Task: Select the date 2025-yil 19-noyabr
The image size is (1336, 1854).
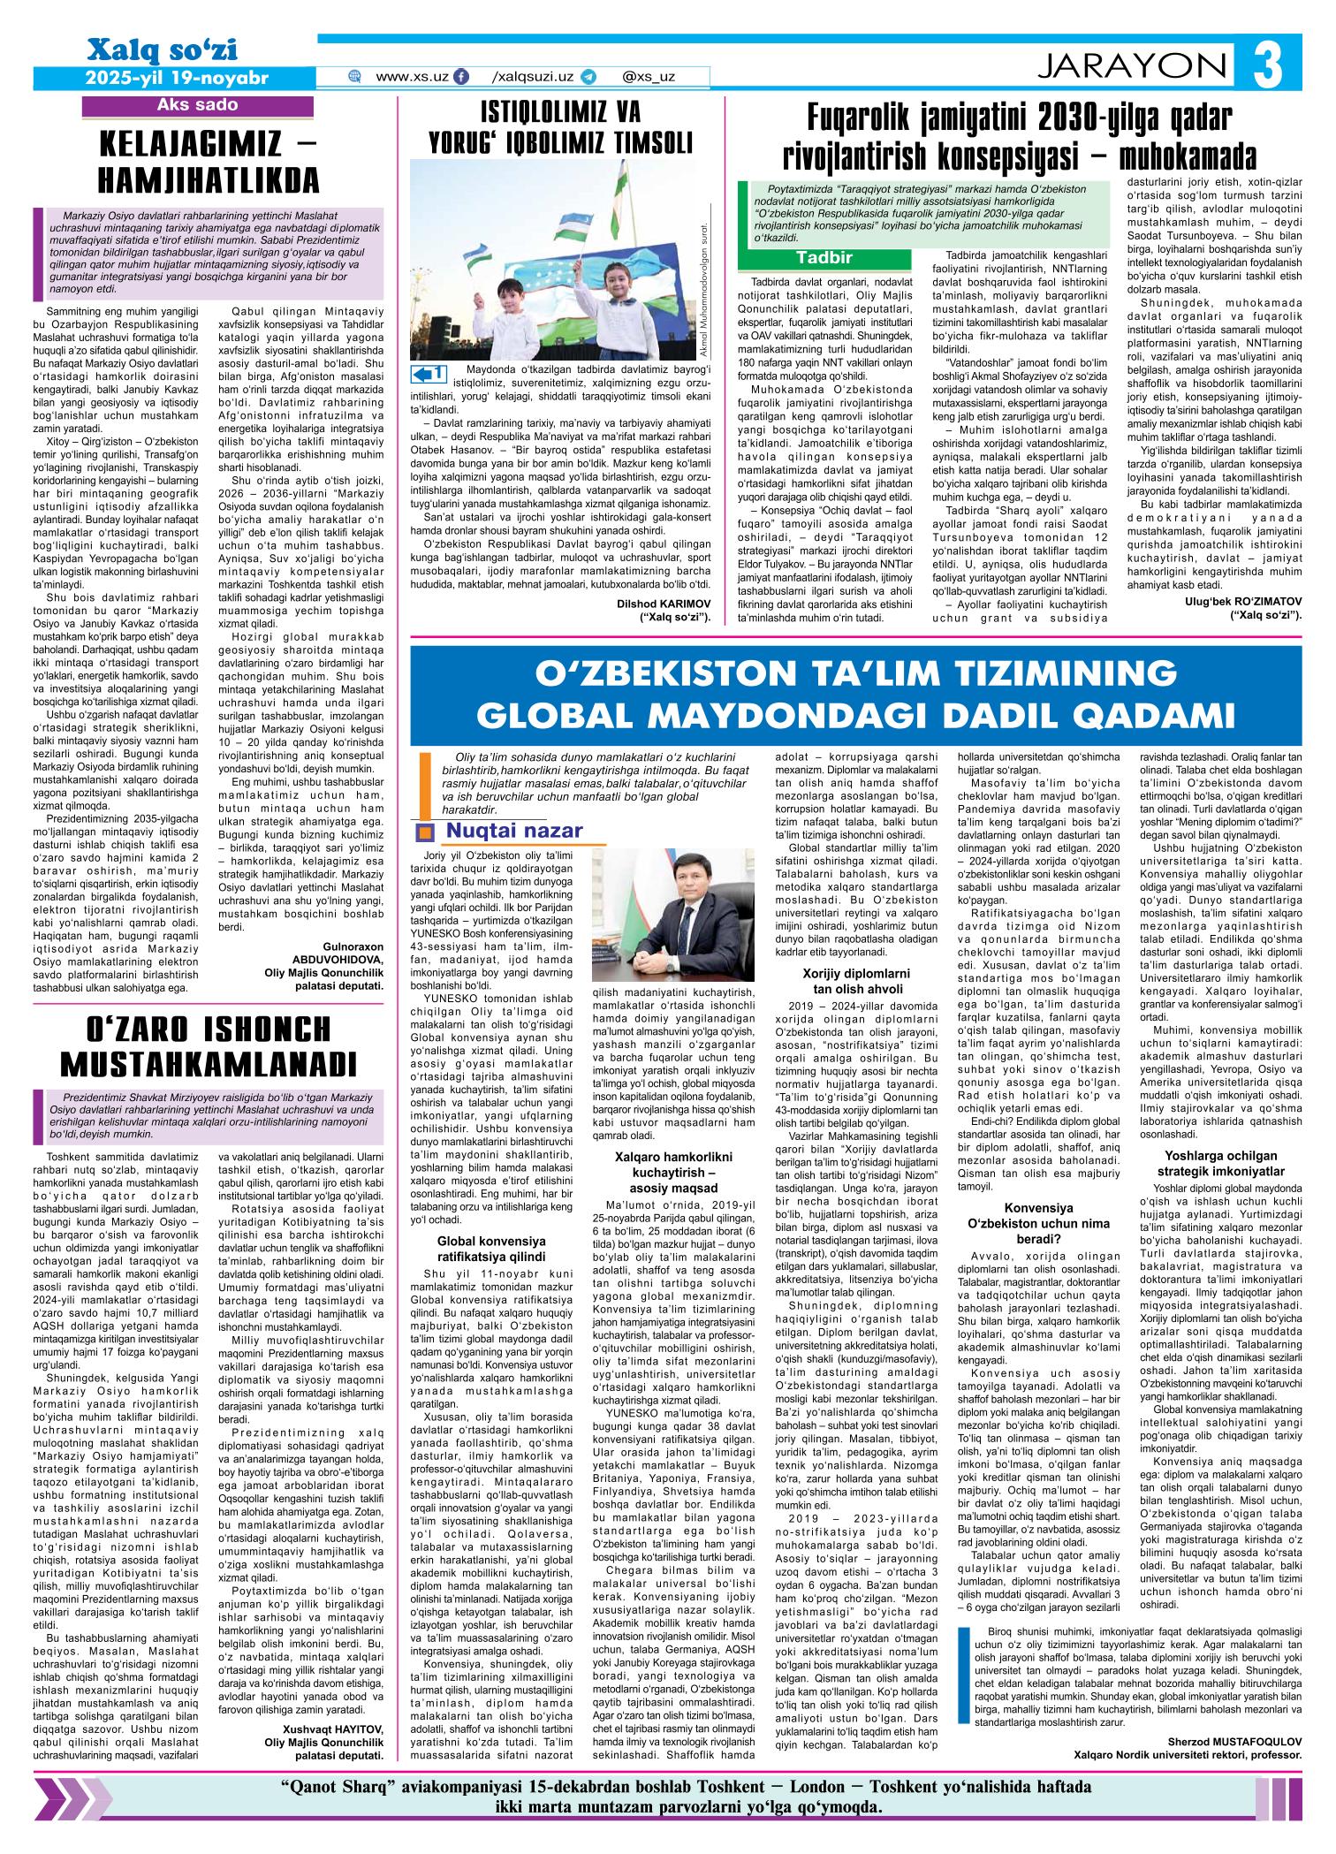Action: click(x=176, y=78)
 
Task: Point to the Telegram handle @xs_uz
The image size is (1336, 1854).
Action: click(x=648, y=77)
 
